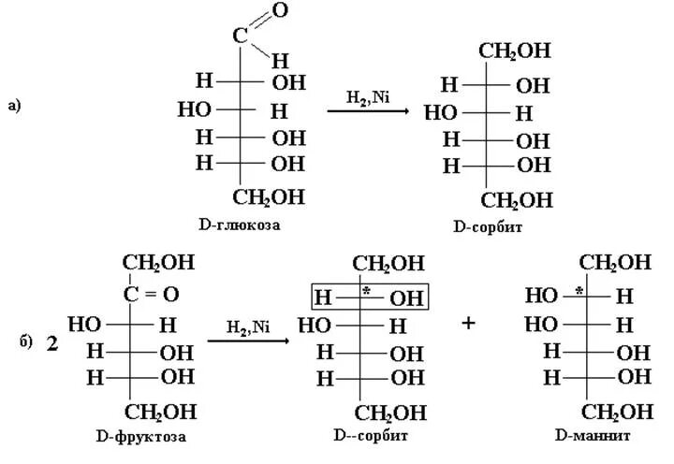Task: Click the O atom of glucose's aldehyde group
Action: [279, 12]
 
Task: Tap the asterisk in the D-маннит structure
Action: [579, 292]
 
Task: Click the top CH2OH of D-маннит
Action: [615, 261]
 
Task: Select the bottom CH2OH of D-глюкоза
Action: [268, 197]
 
